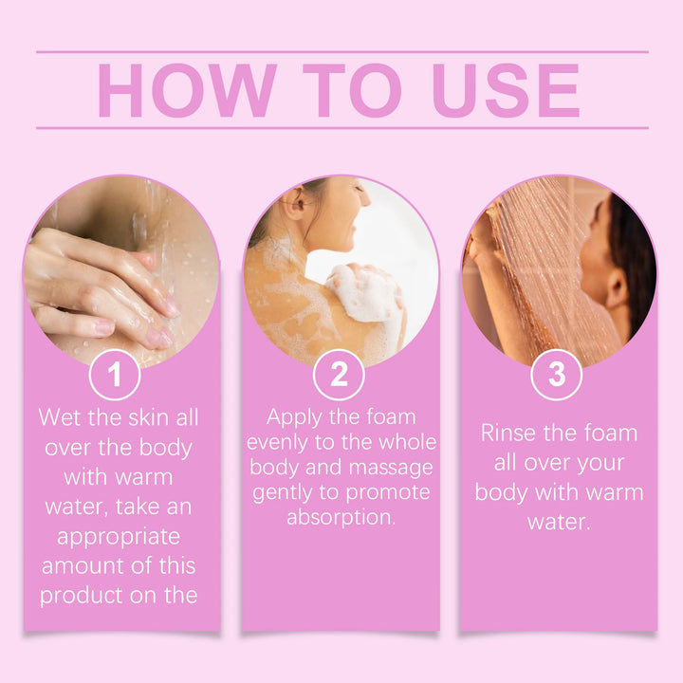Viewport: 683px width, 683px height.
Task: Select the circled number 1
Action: click(x=115, y=376)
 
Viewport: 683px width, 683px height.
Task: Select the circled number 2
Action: click(x=340, y=376)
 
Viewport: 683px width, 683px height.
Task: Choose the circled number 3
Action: click(x=557, y=376)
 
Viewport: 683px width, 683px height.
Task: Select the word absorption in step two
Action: click(x=340, y=519)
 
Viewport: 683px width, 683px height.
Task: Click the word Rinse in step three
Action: click(x=512, y=434)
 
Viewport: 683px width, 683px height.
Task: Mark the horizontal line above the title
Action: click(x=341, y=52)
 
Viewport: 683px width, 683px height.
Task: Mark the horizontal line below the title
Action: click(x=341, y=128)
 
